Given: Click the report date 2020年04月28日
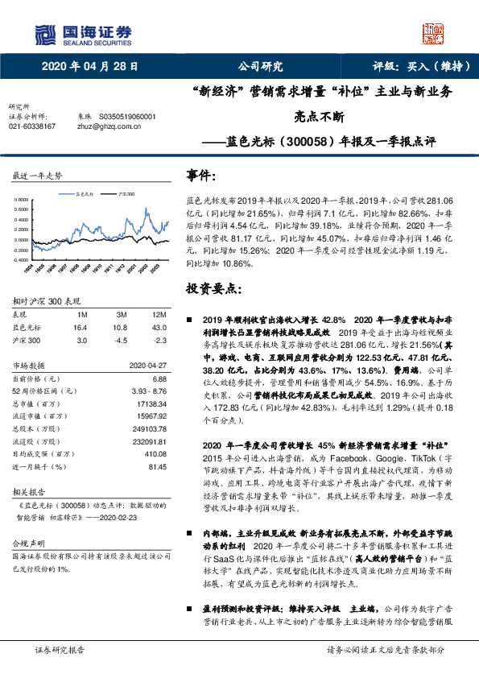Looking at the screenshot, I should [x=89, y=67].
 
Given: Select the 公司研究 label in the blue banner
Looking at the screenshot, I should [x=260, y=67].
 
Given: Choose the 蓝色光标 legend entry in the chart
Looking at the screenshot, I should [x=83, y=194].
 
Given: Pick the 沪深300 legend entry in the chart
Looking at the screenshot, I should [x=125, y=194].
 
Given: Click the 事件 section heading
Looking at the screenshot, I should [x=202, y=176].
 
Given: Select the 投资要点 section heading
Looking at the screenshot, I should [x=213, y=287].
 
